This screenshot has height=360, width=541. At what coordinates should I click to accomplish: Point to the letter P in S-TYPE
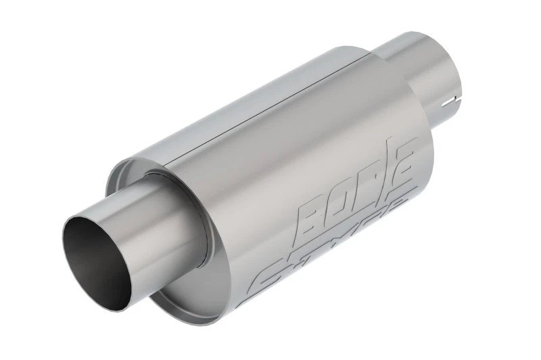pos(376,227)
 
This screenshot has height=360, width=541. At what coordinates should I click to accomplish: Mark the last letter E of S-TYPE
pos(402,210)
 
